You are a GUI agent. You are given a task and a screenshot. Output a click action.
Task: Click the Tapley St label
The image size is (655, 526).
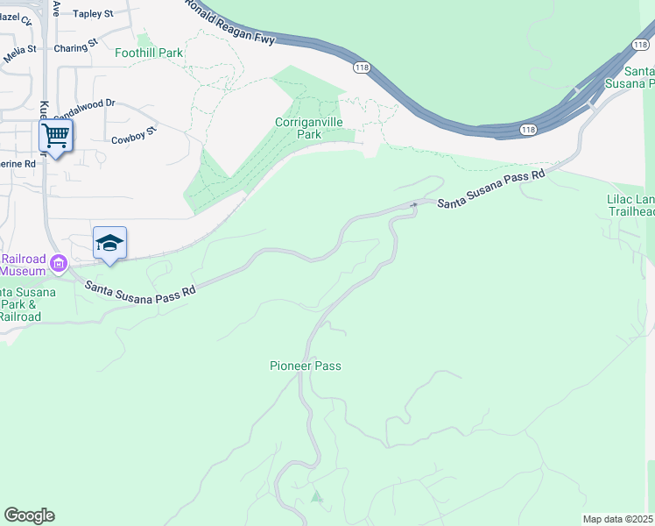tap(94, 14)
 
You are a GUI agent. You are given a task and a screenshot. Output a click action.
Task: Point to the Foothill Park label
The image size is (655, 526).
tap(149, 53)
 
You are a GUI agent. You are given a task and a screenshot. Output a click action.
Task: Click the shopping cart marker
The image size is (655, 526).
tap(55, 136)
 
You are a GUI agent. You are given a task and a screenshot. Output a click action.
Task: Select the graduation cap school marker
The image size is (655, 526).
tap(109, 243)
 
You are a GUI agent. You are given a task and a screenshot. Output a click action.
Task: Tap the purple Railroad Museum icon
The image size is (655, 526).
tap(59, 262)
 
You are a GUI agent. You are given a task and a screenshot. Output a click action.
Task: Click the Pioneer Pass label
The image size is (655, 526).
tap(305, 366)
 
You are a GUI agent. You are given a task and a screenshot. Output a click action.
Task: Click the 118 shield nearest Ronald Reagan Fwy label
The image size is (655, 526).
tap(362, 67)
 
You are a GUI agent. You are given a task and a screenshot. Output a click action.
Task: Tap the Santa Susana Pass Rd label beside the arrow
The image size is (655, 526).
tap(491, 189)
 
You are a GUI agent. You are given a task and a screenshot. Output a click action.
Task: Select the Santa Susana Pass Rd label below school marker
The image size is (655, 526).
tap(138, 293)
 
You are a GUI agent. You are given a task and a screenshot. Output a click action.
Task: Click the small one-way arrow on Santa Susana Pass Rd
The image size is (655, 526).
tap(413, 205)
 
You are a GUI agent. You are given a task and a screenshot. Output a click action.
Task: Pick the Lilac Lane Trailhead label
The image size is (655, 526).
tap(630, 205)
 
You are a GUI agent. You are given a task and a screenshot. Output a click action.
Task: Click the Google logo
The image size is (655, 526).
tap(29, 515)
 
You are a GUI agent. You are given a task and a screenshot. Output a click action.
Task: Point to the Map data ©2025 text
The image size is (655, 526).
tap(618, 519)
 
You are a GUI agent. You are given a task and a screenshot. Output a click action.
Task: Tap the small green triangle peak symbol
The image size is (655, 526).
tap(316, 497)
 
